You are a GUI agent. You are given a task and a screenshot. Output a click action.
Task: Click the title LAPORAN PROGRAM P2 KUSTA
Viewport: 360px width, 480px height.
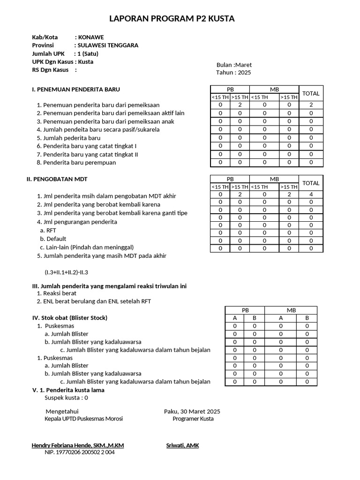click(x=172, y=19)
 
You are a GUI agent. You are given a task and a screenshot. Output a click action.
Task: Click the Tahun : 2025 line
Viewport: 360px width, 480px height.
click(x=233, y=73)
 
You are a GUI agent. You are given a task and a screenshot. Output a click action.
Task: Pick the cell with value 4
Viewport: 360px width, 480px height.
click(x=311, y=195)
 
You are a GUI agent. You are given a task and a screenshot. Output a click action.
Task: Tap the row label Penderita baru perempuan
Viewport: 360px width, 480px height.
click(x=79, y=163)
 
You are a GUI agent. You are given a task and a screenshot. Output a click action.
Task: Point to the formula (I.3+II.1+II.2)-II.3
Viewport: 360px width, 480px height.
click(x=66, y=272)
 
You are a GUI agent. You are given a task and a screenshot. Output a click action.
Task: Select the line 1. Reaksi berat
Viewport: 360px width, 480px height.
click(x=56, y=293)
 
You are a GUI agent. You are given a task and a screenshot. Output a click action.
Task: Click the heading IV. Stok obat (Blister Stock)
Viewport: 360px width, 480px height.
click(x=69, y=318)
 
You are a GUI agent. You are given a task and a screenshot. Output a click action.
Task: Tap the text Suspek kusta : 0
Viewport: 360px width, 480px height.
click(x=66, y=397)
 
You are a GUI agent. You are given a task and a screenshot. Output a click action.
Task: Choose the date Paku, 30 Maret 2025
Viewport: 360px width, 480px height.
click(x=192, y=411)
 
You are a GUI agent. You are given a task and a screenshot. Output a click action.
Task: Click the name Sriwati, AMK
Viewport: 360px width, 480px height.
click(x=182, y=445)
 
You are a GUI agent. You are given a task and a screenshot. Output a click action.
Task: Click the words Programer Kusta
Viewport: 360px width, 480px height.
click(x=193, y=419)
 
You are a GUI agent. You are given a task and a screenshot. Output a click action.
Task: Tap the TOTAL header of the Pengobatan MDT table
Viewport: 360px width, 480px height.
click(x=311, y=183)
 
